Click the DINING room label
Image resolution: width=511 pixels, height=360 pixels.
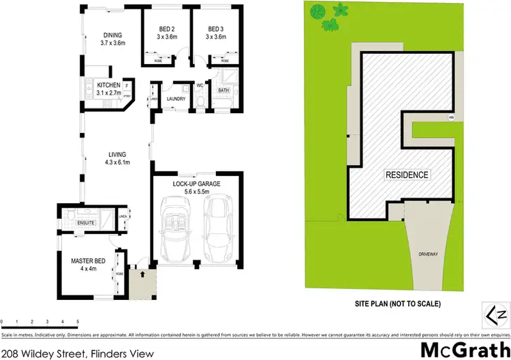click(112, 35)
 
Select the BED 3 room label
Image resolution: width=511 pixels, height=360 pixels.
click(216, 29)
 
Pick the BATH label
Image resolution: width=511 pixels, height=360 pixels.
click(223, 90)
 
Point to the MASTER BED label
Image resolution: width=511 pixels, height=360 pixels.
click(87, 260)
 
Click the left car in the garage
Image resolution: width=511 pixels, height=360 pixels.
click(176, 229)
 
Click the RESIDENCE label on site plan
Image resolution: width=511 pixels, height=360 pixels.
click(407, 175)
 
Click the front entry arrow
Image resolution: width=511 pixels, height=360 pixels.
click(142, 275)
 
